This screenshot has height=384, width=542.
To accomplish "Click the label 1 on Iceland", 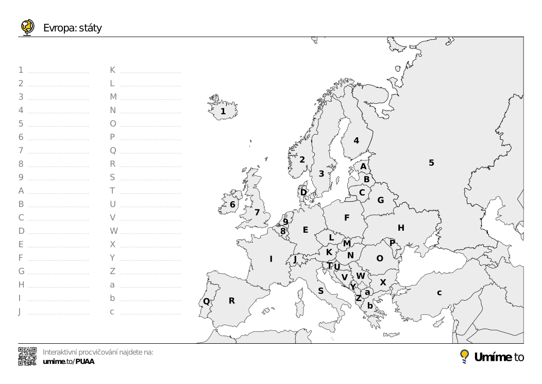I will tap(223, 111).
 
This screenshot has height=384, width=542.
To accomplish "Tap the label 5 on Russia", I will tap(431, 163).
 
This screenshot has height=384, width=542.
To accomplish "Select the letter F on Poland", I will tap(347, 218).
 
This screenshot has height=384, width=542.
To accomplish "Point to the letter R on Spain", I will tap(232, 300).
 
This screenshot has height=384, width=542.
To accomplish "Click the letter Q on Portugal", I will tap(206, 301).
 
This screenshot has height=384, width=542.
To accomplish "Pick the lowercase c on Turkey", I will tap(439, 293).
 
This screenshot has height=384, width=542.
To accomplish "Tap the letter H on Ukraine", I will tap(401, 228).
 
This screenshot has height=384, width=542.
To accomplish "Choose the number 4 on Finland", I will tap(356, 140).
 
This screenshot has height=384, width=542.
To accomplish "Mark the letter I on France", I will tap(271, 259).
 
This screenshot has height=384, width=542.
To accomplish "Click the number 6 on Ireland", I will tap(232, 204).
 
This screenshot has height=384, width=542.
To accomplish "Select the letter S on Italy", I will tap(320, 291).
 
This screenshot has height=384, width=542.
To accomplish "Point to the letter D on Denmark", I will tap(303, 192).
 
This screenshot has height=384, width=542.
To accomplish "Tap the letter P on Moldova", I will tap(392, 243).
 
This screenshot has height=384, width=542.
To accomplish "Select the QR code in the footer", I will tap(27, 356).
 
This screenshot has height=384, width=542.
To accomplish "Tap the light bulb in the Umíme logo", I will tap(465, 356).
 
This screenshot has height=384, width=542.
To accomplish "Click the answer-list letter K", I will tap(113, 70).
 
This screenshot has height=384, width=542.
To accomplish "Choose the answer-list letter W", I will tap(114, 231).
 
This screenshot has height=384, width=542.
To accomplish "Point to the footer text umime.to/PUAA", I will tap(69, 361).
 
